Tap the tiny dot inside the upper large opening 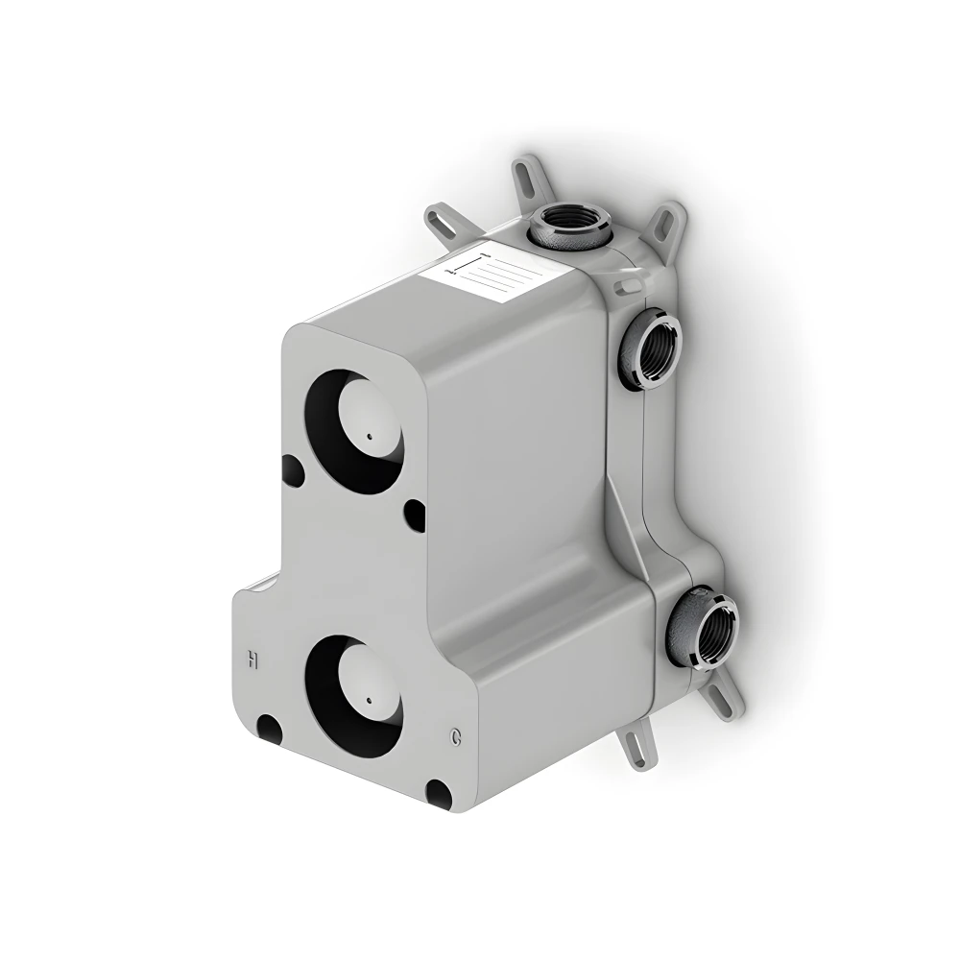tap(368, 439)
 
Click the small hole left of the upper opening tap(293, 470)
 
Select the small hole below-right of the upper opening tap(414, 515)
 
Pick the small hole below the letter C tap(438, 793)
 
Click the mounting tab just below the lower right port tap(726, 694)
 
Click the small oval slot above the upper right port tap(626, 285)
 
